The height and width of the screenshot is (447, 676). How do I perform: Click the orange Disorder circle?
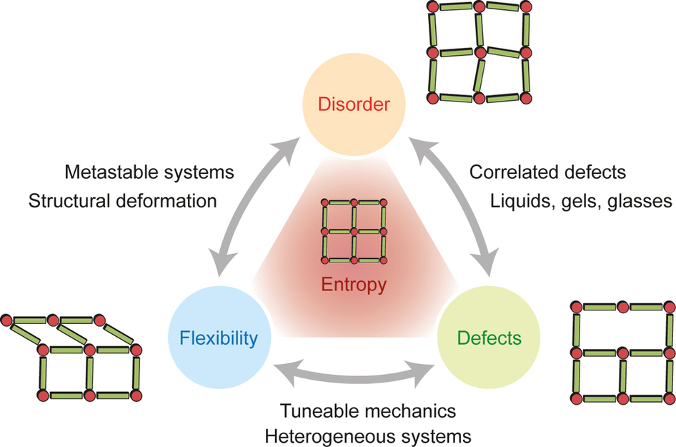pos(355,105)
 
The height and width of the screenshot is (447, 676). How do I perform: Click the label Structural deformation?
pos(123,201)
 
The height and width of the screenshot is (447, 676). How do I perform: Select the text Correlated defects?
pos(547,172)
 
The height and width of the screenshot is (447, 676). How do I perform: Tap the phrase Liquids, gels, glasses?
pos(580,201)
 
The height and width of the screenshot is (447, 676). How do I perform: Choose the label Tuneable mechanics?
pos(368,411)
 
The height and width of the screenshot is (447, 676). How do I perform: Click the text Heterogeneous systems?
pos(368,435)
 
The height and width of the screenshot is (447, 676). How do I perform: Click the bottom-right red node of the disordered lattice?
pos(528,97)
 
